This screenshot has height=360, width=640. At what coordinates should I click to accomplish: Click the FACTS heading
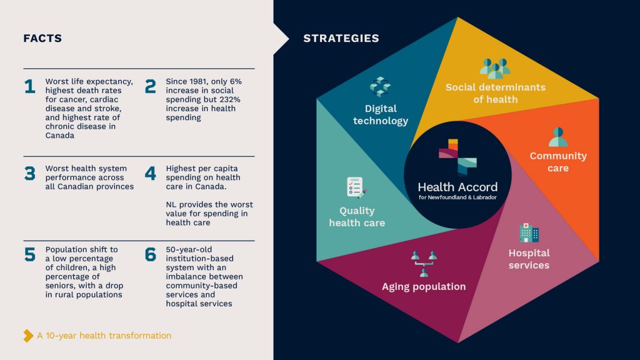[x=42, y=38]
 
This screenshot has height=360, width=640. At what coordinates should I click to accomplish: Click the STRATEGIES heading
[x=341, y=38]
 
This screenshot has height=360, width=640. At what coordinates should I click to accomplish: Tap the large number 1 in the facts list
[x=30, y=86]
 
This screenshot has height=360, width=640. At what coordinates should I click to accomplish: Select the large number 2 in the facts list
[x=150, y=86]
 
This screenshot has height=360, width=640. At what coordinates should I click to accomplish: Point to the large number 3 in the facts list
[x=30, y=174]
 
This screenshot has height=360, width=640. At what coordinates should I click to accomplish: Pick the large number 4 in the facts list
[x=150, y=174]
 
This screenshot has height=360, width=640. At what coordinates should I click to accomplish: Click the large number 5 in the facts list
[x=30, y=254]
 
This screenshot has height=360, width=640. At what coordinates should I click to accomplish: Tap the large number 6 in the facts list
[x=150, y=254]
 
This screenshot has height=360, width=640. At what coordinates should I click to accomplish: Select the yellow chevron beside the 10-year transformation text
[x=28, y=336]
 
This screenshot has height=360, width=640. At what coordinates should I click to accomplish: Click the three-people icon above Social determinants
[x=495, y=68]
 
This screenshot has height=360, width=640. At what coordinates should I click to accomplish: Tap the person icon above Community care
[x=558, y=137]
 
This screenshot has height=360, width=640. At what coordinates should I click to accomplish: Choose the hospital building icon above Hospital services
[x=529, y=232]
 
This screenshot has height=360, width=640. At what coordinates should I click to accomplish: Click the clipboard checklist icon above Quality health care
[x=356, y=187]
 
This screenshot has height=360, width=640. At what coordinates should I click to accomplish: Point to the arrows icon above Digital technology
[x=380, y=87]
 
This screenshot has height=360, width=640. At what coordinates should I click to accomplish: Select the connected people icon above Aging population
[x=424, y=264]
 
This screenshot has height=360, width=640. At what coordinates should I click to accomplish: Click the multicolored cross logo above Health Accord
[x=457, y=157]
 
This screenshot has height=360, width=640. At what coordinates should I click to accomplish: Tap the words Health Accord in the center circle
[x=457, y=187]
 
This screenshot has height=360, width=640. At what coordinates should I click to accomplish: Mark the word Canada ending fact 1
[x=59, y=136]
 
